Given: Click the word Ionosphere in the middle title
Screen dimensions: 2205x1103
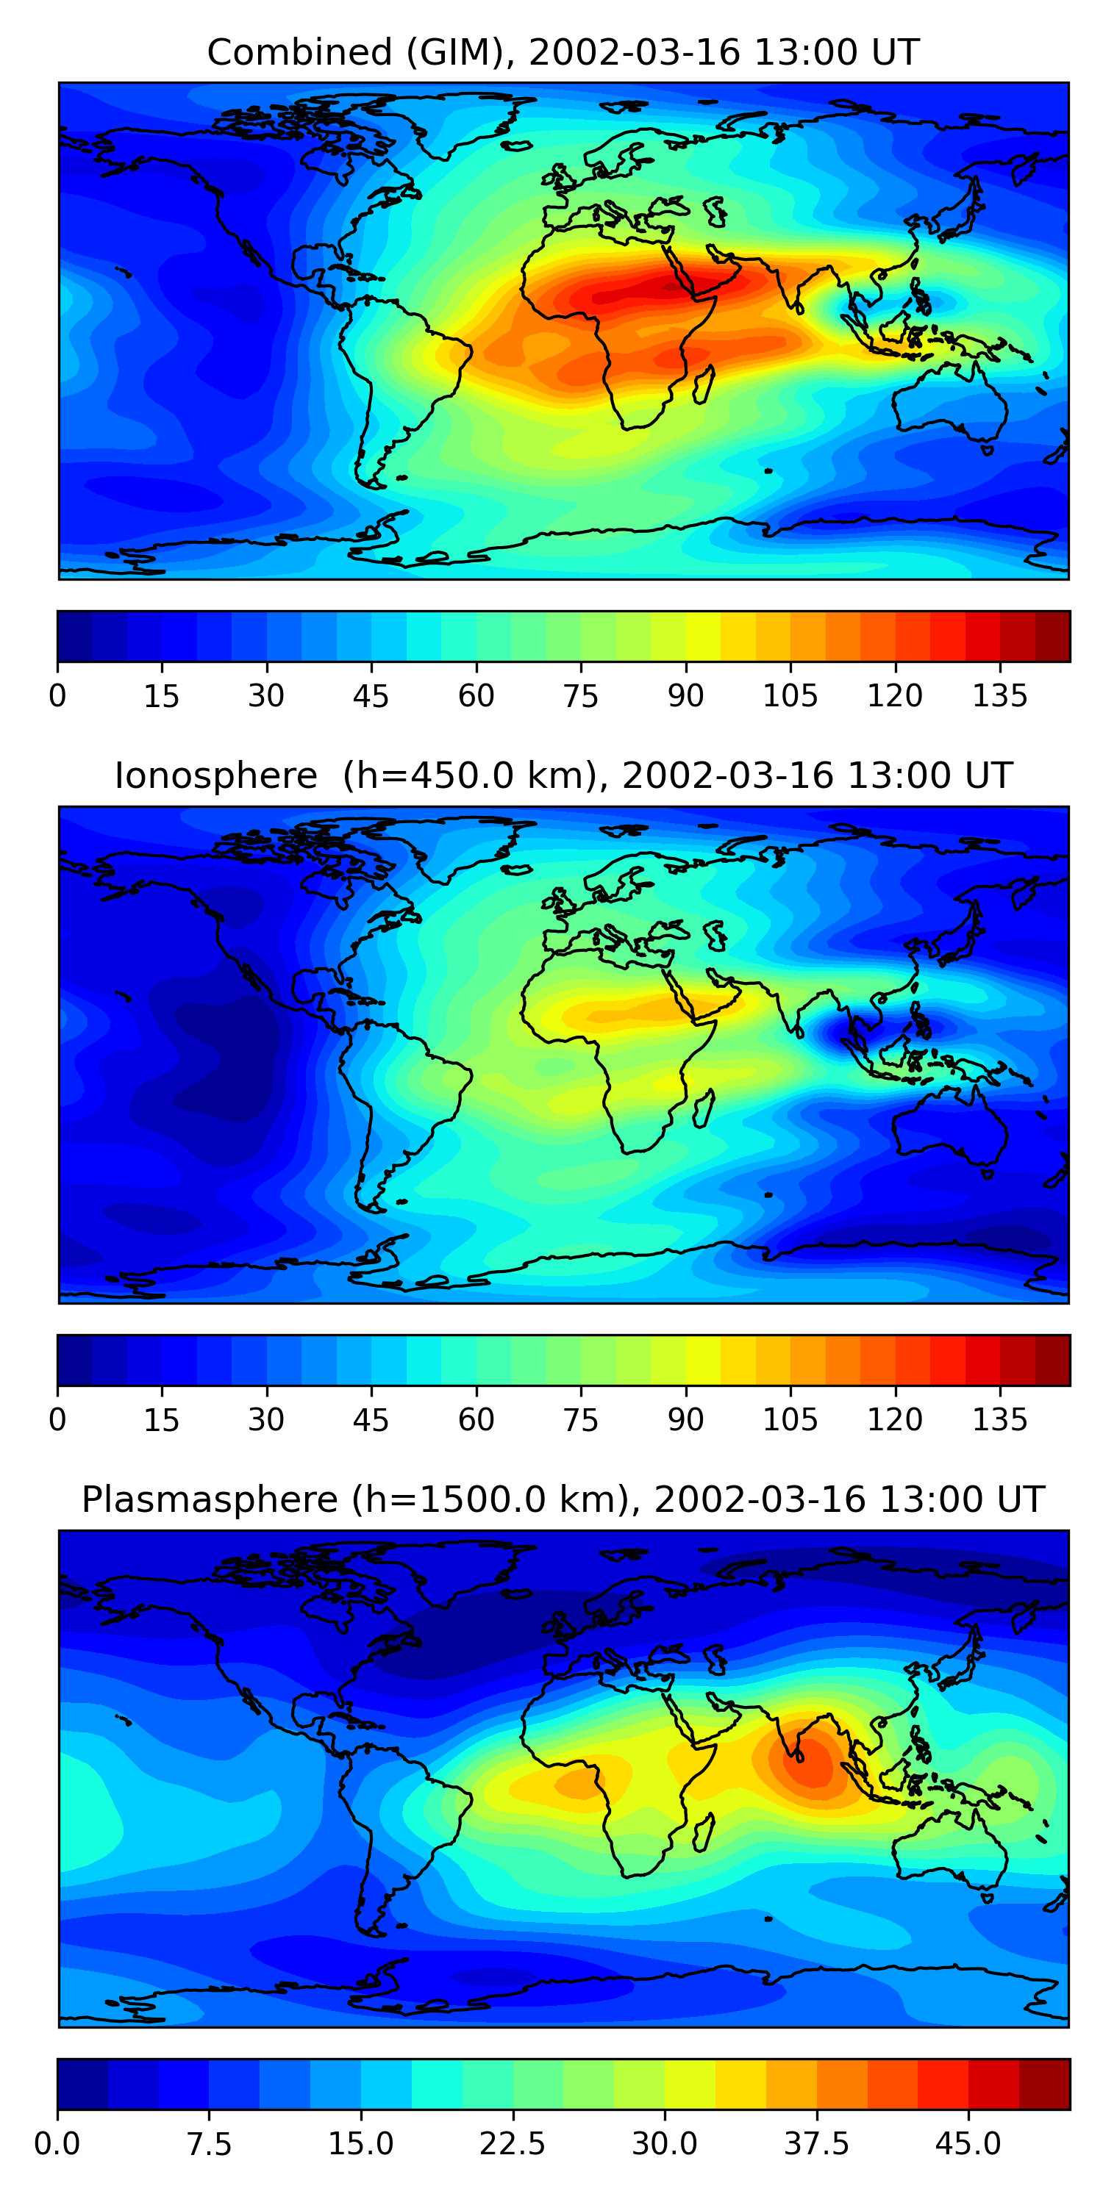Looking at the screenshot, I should pos(215,775).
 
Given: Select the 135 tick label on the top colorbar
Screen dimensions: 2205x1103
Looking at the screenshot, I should pos(999,696).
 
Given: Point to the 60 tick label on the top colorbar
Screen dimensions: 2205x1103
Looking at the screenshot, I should pos(476,696).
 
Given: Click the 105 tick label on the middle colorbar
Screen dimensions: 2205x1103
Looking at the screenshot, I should pos(790,1419).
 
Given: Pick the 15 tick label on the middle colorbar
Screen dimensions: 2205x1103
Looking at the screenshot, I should pos(162,1419).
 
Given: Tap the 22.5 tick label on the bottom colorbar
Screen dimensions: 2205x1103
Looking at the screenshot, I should pos(512,2143).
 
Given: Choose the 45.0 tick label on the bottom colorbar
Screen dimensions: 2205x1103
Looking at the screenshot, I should pos(968,2143).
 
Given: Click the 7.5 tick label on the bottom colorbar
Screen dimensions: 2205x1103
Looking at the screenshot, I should pos(209,2143).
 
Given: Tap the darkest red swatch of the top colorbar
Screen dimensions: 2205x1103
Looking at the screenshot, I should pos(1052,636).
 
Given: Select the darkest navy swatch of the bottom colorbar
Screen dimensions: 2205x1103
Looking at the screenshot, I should pos(82,2084).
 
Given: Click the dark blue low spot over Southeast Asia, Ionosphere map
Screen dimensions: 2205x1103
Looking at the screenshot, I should pos(835,1033).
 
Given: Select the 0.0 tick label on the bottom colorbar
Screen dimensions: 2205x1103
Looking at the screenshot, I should pos(57,2143).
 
